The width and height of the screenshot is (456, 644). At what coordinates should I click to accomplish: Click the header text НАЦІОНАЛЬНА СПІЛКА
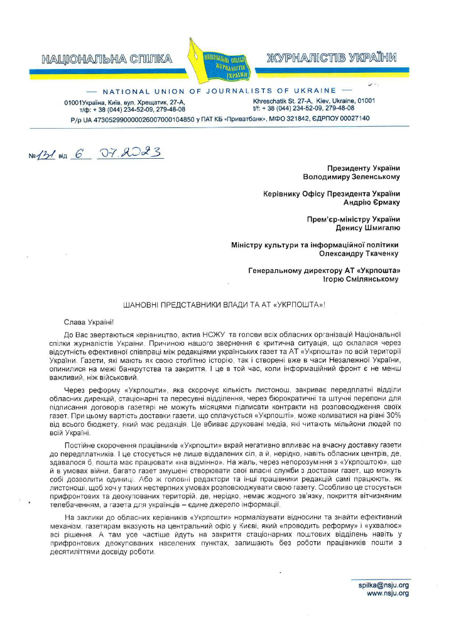pyautogui.click(x=106, y=60)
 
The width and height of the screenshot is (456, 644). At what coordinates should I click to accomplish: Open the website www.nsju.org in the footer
pyautogui.click(x=388, y=593)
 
